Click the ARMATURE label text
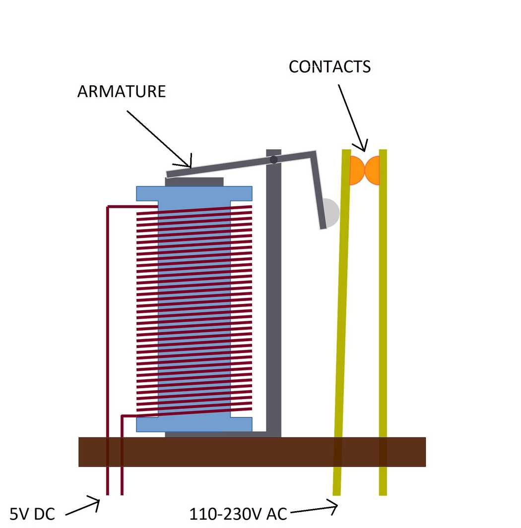[x=121, y=92]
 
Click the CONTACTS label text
[x=329, y=66]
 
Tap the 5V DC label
[x=33, y=514]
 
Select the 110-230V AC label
[x=238, y=514]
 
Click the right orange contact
[x=373, y=170]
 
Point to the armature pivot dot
[x=273, y=160]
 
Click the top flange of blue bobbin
[x=194, y=193]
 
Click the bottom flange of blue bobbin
[x=194, y=424]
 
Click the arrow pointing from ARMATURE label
[x=159, y=139]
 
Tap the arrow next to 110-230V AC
[x=313, y=508]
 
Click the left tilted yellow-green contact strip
[x=342, y=322]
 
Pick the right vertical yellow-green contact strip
[x=383, y=322]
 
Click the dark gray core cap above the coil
[x=194, y=182]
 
